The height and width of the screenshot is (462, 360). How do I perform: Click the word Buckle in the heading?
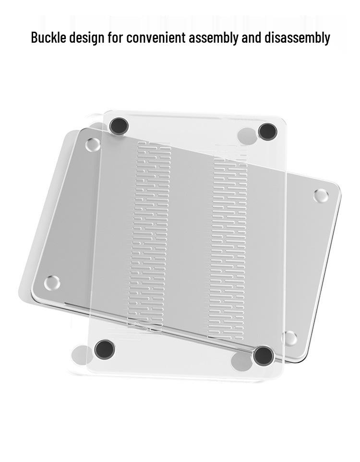tap(48, 37)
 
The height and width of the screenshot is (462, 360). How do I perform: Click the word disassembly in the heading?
tap(297, 38)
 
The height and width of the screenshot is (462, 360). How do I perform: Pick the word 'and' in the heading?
tap(251, 38)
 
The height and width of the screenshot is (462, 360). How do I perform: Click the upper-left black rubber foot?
tap(119, 126)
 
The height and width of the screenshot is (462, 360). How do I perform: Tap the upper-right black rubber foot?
tap(267, 131)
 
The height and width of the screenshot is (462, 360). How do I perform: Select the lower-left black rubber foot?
tap(104, 349)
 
